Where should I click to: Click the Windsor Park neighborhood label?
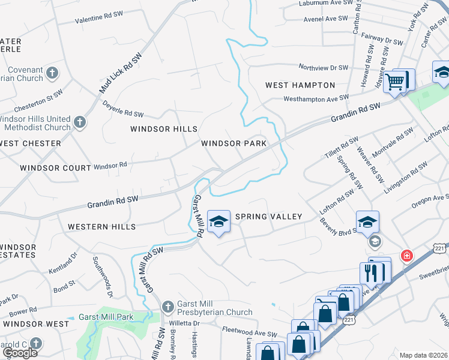click(x=234, y=143)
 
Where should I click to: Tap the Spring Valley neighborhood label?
click(x=268, y=216)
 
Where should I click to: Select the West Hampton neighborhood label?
click(x=300, y=85)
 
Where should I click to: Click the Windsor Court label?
click(x=55, y=168)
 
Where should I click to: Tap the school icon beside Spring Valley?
click(x=218, y=221)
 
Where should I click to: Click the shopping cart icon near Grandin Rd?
click(x=395, y=81)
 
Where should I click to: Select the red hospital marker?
click(x=408, y=255)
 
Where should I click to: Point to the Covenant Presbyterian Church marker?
click(x=52, y=74)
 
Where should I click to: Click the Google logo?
click(x=20, y=353)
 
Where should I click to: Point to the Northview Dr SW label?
click(x=323, y=68)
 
